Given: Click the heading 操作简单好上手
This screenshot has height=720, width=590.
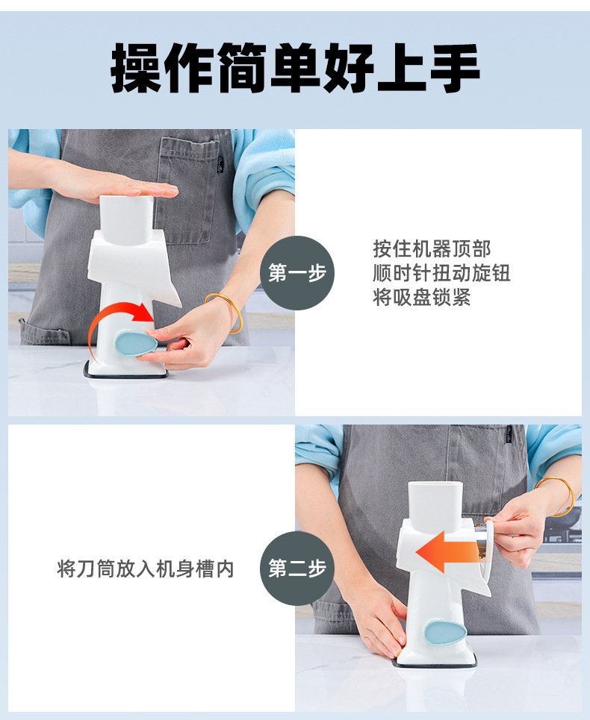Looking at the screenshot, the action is (x=295, y=68).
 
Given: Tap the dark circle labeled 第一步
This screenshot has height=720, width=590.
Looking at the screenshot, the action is (x=297, y=273).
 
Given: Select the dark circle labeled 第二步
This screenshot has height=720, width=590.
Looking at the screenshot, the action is (x=297, y=569).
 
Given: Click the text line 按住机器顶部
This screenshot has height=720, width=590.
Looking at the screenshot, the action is (x=432, y=249).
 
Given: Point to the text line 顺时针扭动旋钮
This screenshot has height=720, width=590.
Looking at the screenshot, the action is (x=441, y=273).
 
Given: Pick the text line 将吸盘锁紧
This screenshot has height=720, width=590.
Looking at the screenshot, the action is (x=422, y=297).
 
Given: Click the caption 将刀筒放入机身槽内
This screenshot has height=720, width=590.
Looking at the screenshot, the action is (x=146, y=569).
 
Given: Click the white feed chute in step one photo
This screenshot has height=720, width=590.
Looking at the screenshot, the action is (x=126, y=219).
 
